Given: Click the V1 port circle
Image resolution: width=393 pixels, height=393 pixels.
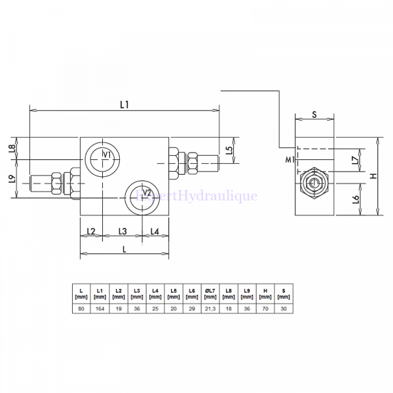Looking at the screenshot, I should pyautogui.click(x=102, y=157).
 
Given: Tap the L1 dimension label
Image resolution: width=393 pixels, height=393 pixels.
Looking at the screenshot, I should pyautogui.click(x=125, y=104).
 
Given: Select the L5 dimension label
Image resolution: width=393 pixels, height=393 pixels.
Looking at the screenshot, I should pyautogui.click(x=228, y=150).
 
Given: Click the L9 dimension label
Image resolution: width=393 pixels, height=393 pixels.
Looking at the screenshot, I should pyautogui.click(x=12, y=179).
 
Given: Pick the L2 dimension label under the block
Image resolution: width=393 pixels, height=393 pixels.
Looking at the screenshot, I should pyautogui.click(x=91, y=231).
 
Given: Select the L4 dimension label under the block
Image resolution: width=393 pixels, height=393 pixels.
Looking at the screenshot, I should pyautogui.click(x=155, y=231).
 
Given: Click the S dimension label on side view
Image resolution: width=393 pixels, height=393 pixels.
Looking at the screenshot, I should pyautogui.click(x=314, y=115).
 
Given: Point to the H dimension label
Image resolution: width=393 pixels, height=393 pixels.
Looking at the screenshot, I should pyautogui.click(x=373, y=176).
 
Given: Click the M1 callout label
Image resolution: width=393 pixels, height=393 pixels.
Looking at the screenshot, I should pyautogui.click(x=289, y=159).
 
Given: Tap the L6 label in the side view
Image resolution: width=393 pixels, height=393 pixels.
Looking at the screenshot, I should pyautogui.click(x=355, y=199).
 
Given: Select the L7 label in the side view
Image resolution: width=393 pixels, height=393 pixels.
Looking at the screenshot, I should pyautogui.click(x=354, y=159).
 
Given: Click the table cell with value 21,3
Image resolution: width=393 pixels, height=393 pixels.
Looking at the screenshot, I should pyautogui.click(x=210, y=309).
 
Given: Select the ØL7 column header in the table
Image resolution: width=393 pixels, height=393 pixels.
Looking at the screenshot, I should pyautogui.click(x=210, y=293).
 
